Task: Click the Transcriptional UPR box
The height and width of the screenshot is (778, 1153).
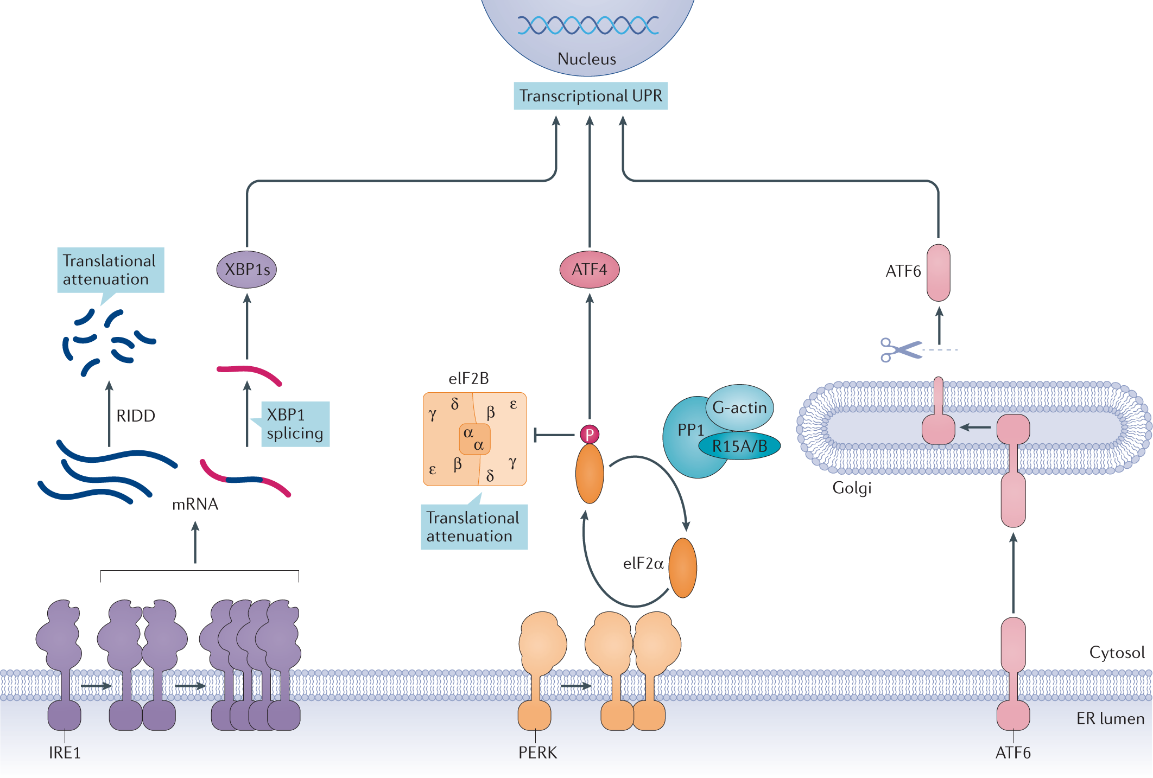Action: click(x=590, y=96)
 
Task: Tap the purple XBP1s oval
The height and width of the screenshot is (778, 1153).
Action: click(x=246, y=270)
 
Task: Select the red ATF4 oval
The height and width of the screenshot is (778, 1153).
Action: click(x=589, y=270)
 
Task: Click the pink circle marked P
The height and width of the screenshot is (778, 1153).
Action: click(x=589, y=434)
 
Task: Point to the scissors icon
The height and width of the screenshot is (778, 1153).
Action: click(x=899, y=350)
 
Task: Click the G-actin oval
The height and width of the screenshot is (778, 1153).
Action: click(x=739, y=407)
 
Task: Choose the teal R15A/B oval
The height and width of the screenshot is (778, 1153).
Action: click(x=739, y=446)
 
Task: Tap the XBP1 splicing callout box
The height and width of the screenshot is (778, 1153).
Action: click(x=295, y=424)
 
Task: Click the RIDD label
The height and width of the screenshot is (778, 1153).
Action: click(x=136, y=416)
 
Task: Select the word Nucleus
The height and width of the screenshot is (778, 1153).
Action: click(x=587, y=59)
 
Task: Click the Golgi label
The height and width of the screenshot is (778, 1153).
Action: click(x=852, y=488)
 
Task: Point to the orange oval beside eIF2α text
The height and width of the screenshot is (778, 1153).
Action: click(x=682, y=567)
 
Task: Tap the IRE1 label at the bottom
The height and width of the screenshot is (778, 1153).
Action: click(x=65, y=753)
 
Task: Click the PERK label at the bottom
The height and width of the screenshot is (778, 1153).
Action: click(x=537, y=753)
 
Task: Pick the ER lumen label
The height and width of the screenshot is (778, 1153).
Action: click(x=1110, y=719)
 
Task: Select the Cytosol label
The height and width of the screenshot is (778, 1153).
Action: click(x=1117, y=652)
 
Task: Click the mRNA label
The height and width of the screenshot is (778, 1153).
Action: click(x=195, y=505)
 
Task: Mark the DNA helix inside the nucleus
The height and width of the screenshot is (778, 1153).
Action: click(x=588, y=25)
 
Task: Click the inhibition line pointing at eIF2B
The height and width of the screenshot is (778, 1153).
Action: click(x=554, y=435)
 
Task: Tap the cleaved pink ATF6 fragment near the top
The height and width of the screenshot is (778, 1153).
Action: click(x=938, y=273)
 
